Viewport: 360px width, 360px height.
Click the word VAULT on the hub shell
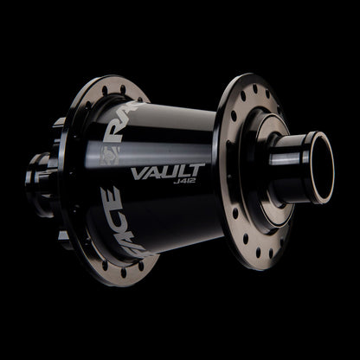click(x=167, y=171)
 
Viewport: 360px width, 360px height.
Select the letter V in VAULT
click(x=138, y=172)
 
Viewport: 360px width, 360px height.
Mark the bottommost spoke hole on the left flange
click(x=122, y=273)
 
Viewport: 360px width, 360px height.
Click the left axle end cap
click(x=35, y=177)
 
